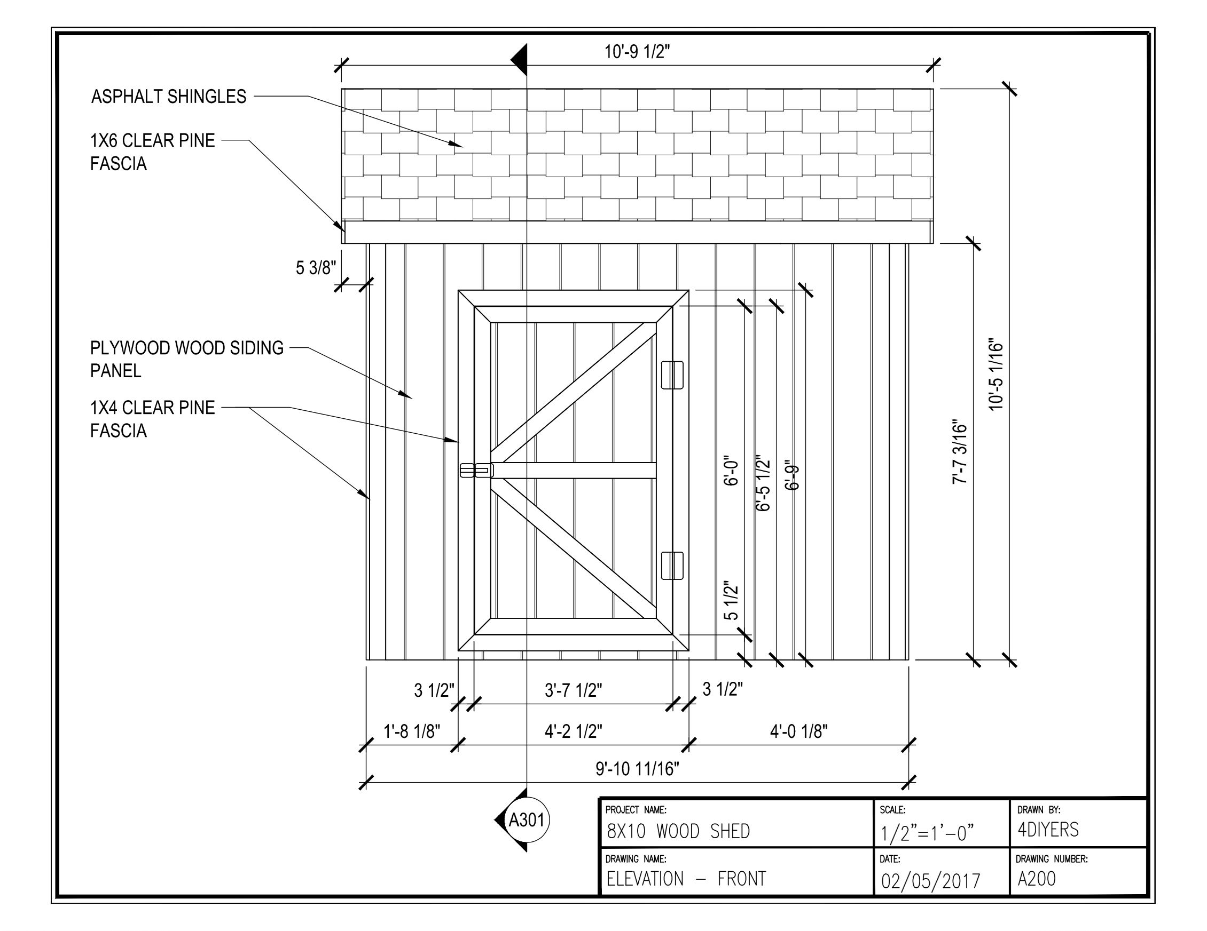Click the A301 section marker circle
coord(527,820)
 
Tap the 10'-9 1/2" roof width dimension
coord(637,52)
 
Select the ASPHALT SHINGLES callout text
coord(169,97)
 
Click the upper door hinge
coord(672,376)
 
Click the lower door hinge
coord(672,566)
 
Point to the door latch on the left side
coord(476,470)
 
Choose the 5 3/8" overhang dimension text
coord(316,268)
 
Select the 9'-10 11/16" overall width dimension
coord(637,769)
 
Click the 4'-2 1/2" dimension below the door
coord(573,731)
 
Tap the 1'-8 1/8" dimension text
coord(412,731)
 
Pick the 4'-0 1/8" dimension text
coord(798,731)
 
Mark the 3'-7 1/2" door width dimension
coord(573,690)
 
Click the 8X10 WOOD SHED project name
coord(678,831)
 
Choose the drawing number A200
coord(1036,879)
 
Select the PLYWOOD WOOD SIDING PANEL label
coord(186,359)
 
